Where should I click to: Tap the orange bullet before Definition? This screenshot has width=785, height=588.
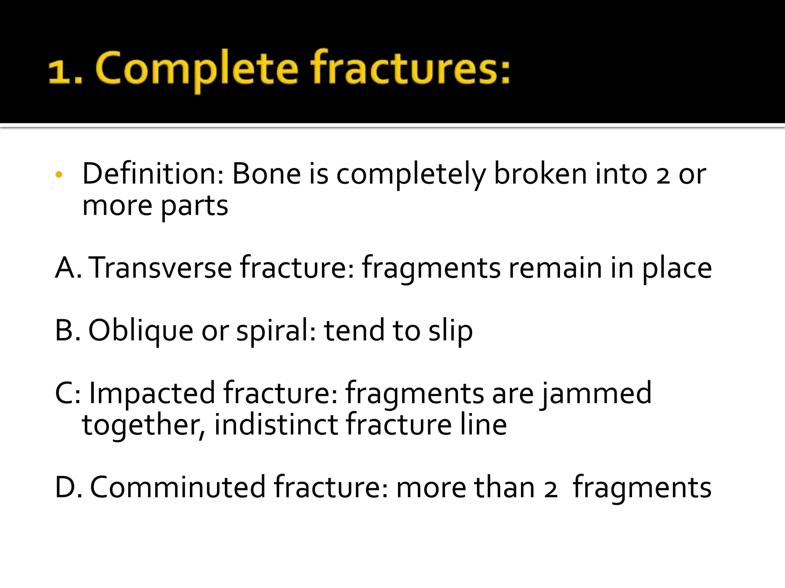click(59, 175)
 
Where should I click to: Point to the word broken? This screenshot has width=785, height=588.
click(540, 174)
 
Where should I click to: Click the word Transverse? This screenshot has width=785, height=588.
click(161, 268)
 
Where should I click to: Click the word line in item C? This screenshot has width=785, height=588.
click(483, 425)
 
